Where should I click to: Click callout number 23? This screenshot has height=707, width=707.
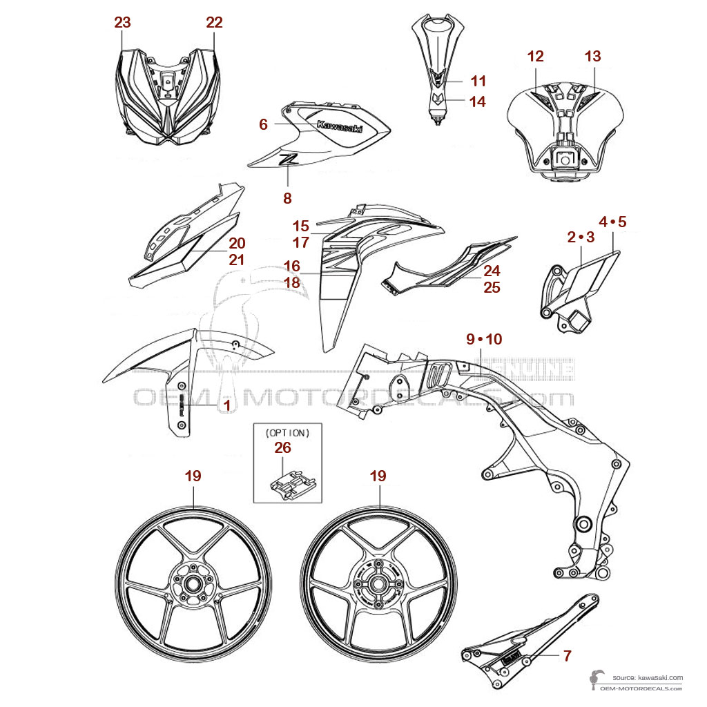point(122,22)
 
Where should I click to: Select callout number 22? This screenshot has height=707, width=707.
point(214,22)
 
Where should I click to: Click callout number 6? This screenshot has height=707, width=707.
point(263,124)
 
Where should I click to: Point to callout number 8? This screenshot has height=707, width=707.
point(287,198)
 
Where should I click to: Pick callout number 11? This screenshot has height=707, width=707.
point(478,81)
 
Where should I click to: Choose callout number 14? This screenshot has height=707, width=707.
point(477,101)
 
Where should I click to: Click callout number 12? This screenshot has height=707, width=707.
point(536,57)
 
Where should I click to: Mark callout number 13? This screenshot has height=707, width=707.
point(593,57)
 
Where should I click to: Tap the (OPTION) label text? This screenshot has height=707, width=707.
point(288,433)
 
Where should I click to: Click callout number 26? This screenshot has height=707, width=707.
point(282,447)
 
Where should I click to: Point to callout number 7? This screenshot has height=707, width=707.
point(567,656)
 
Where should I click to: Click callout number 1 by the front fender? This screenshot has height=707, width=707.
point(226,406)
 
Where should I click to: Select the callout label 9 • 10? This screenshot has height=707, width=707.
point(485,339)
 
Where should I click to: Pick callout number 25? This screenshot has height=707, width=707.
point(492,287)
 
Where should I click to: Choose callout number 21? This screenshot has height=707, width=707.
point(237,260)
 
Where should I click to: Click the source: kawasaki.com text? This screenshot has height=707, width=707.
point(647,677)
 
